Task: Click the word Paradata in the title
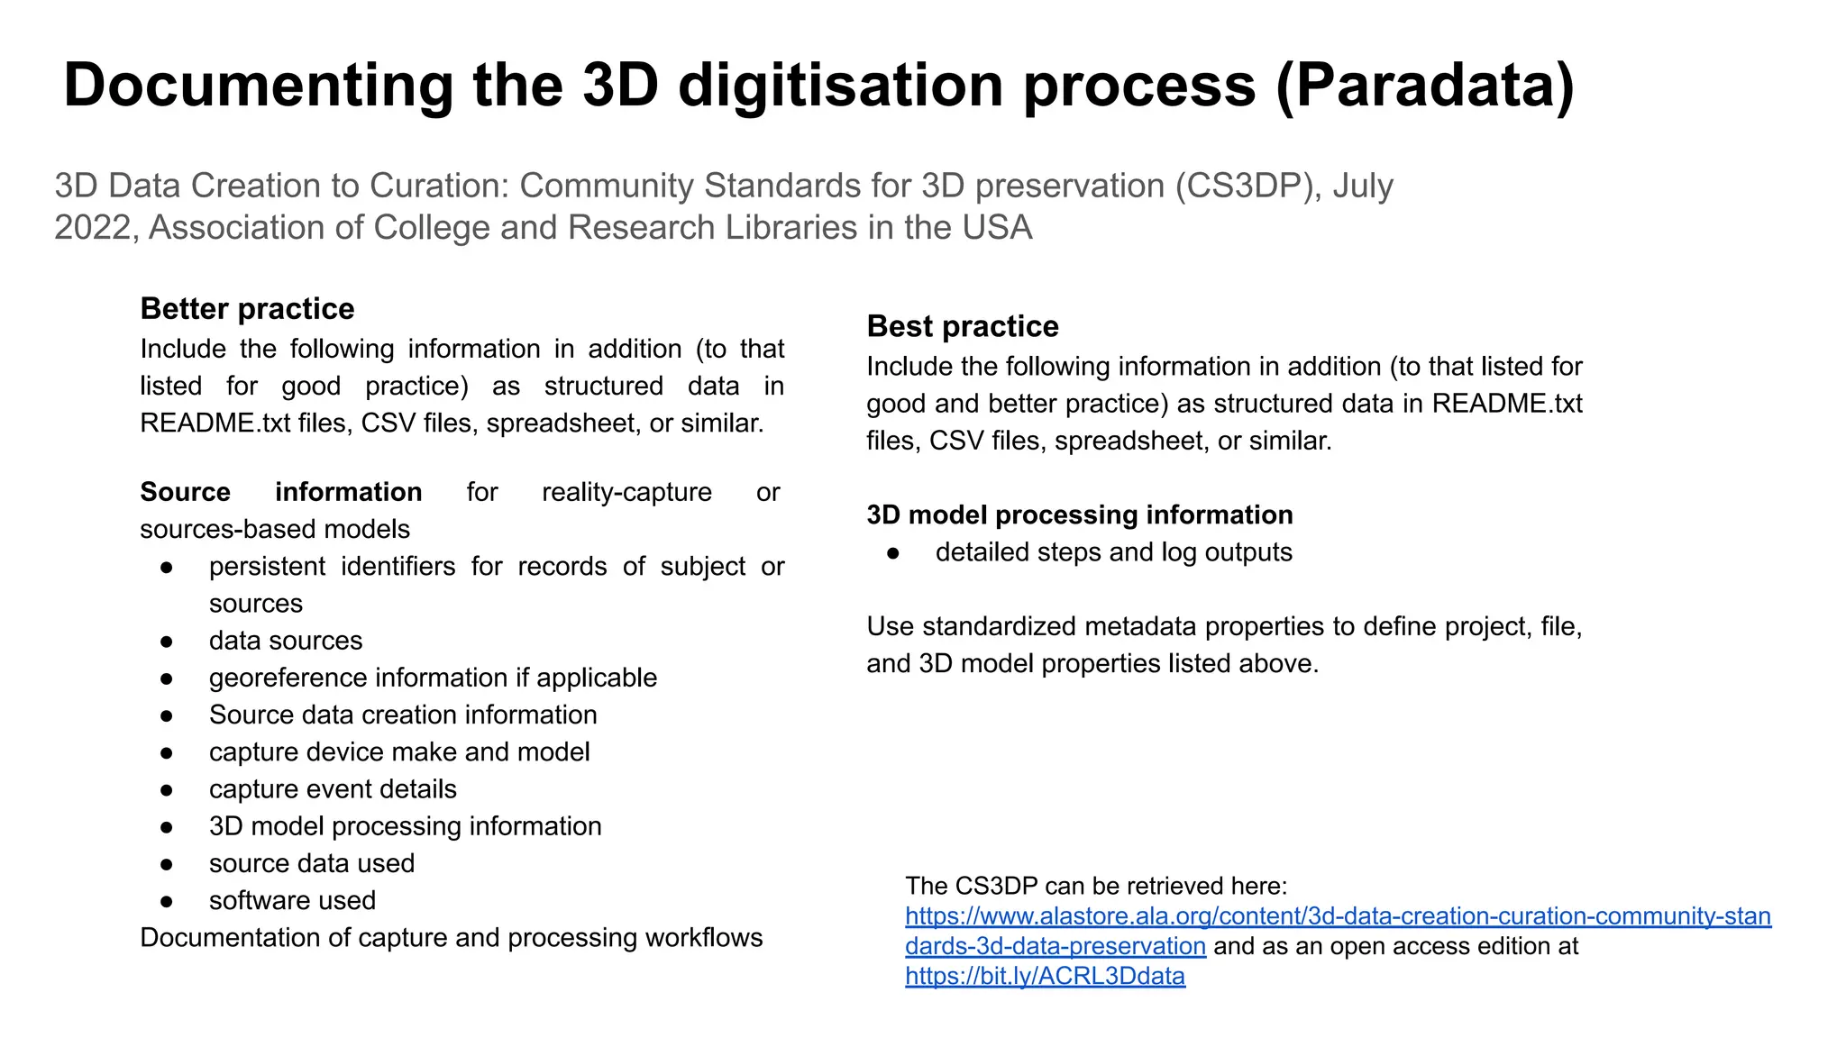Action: click(x=1424, y=86)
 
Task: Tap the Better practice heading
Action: click(x=247, y=309)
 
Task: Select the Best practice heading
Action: click(x=963, y=326)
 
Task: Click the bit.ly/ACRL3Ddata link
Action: click(x=1045, y=976)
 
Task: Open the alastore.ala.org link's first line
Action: click(x=1338, y=916)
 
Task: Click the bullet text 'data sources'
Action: click(x=286, y=641)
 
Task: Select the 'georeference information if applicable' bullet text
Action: click(x=433, y=678)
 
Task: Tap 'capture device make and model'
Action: click(x=399, y=751)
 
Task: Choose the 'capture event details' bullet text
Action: click(x=333, y=789)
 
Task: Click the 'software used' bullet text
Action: click(x=292, y=900)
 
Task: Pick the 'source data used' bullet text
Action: click(x=312, y=863)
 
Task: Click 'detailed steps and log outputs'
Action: click(x=1113, y=552)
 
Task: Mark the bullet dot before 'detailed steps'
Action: click(x=892, y=553)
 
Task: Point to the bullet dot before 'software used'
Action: click(x=166, y=901)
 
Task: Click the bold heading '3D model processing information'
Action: click(x=1079, y=514)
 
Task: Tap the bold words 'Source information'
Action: click(x=280, y=492)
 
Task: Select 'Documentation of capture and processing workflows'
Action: click(x=451, y=938)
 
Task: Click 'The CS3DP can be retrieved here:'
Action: click(x=1096, y=886)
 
